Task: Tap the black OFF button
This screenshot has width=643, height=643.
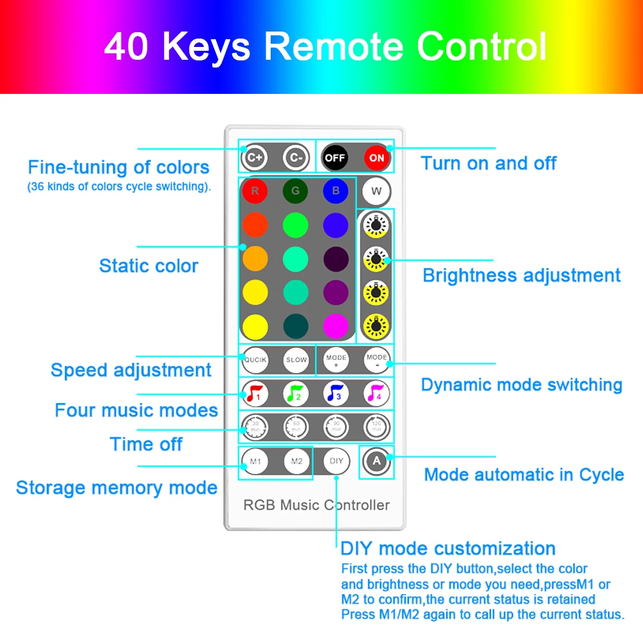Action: tap(335, 158)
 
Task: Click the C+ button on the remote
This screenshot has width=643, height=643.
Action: tap(255, 158)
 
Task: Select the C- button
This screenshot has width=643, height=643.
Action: tap(296, 158)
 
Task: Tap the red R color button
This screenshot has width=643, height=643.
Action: tap(255, 191)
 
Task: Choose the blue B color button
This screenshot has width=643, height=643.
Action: tap(336, 191)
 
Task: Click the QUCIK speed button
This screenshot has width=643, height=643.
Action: tap(255, 360)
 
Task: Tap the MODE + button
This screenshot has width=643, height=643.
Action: tap(336, 360)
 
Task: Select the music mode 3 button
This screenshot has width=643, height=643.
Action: tap(336, 394)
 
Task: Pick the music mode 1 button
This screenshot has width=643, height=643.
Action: tap(255, 394)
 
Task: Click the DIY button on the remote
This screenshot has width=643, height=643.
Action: tap(336, 461)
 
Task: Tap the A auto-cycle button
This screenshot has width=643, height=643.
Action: tap(377, 461)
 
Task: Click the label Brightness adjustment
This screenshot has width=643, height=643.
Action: tap(521, 276)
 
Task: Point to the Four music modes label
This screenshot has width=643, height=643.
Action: tap(136, 410)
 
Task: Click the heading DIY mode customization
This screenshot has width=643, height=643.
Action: tap(448, 548)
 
